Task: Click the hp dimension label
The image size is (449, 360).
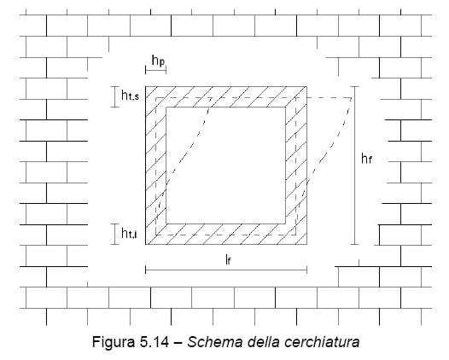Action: click(159, 61)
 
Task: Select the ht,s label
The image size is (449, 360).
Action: click(131, 96)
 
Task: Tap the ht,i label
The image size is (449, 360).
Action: click(129, 233)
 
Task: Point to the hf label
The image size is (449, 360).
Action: click(366, 159)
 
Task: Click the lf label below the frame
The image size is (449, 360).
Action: click(228, 260)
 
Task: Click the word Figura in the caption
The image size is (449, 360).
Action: click(114, 342)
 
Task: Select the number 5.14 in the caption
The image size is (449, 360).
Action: click(155, 342)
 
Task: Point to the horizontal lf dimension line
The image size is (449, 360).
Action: click(226, 270)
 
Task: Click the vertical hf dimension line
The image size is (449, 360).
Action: click(355, 165)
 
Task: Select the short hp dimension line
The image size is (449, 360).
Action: click(155, 70)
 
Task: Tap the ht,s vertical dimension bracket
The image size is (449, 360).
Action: click(115, 96)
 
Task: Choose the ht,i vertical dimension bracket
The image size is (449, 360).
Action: click(115, 234)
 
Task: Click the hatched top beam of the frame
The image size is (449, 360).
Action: click(226, 96)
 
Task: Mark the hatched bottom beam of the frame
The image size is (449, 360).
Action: click(226, 234)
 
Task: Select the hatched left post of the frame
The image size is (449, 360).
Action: click(155, 165)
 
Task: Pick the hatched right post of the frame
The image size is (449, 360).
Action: click(296, 165)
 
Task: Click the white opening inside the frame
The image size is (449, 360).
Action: click(226, 165)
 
